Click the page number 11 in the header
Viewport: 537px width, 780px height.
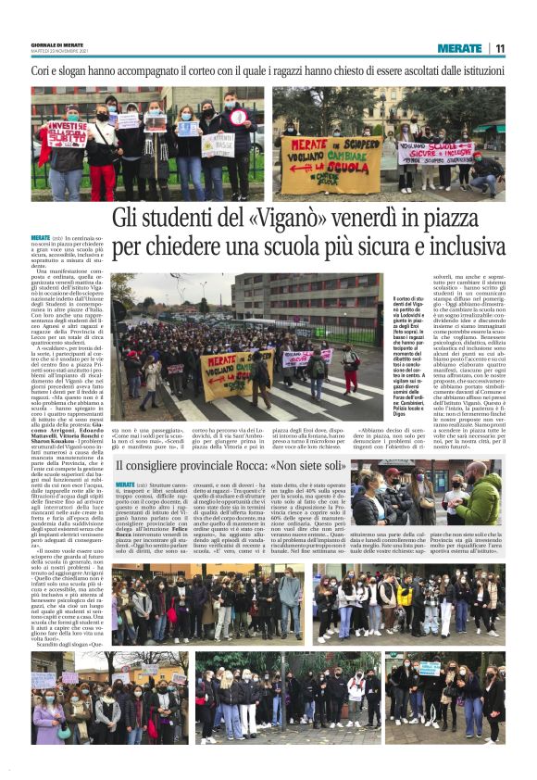[x=500, y=48]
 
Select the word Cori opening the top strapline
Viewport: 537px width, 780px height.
[x=44, y=70]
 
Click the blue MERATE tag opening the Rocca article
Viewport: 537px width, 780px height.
[x=125, y=484]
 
